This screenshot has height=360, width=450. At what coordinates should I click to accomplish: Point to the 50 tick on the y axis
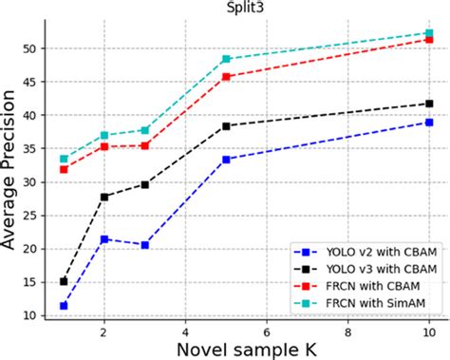tap(30, 48)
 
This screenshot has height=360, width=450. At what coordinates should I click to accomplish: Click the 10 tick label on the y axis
tap(30, 315)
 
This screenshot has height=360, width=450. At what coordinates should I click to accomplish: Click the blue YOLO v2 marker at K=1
tap(64, 306)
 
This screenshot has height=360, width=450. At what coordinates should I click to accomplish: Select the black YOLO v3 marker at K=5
tap(226, 126)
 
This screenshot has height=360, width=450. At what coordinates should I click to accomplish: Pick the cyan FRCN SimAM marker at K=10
tap(429, 33)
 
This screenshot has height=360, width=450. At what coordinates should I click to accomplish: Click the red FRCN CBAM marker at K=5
tap(226, 77)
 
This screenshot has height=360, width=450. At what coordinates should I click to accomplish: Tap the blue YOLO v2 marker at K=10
tap(429, 123)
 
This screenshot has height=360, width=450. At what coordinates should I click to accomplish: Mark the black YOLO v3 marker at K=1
tap(64, 281)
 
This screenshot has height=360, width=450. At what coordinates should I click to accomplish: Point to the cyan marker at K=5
tap(226, 59)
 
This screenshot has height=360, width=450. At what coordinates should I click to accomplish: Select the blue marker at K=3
tap(145, 245)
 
